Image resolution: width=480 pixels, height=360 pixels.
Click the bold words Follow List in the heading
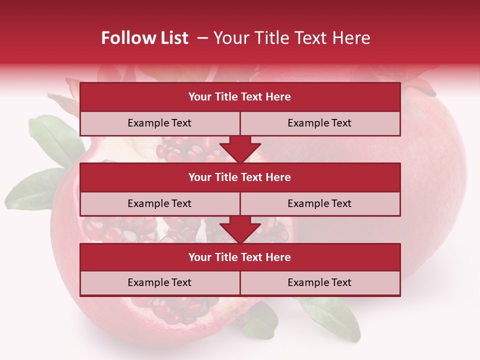point(144,38)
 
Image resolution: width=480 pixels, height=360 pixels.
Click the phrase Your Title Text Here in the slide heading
point(292,38)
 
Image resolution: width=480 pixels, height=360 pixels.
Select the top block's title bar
point(240,97)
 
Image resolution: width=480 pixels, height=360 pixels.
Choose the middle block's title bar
point(240,177)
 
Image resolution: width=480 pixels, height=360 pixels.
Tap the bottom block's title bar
point(240,257)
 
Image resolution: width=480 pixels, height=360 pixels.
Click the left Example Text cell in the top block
point(159,123)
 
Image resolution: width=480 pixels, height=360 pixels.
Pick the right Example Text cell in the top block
point(319,123)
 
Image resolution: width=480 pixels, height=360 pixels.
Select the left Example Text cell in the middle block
point(159,203)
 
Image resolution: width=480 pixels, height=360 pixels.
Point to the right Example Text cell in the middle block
point(319,203)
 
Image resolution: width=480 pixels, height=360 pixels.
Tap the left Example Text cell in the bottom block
point(159,282)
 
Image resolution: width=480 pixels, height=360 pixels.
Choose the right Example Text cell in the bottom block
point(319,282)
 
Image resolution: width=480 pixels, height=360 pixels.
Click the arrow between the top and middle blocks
point(240,149)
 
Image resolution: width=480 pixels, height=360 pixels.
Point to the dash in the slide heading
point(203,38)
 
